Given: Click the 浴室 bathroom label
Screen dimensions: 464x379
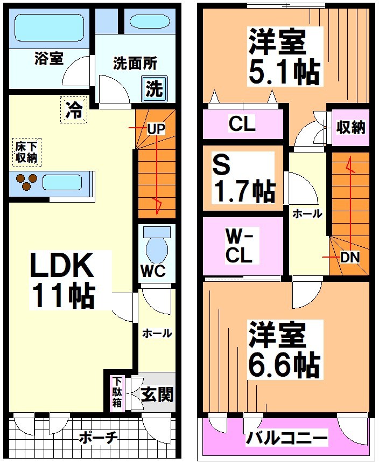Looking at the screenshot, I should [48, 58].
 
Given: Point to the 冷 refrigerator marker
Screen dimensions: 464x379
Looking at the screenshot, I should [74, 110].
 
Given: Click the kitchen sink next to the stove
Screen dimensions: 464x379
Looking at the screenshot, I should [62, 183].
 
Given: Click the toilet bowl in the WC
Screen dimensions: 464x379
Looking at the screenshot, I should [157, 248].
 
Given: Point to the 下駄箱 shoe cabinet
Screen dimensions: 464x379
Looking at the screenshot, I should [117, 392].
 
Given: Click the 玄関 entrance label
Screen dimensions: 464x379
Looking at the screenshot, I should [157, 395].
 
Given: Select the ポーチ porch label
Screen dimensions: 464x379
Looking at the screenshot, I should [98, 437].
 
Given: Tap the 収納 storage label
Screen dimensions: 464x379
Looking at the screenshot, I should [351, 128].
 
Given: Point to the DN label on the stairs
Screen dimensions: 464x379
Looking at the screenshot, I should [349, 258].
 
